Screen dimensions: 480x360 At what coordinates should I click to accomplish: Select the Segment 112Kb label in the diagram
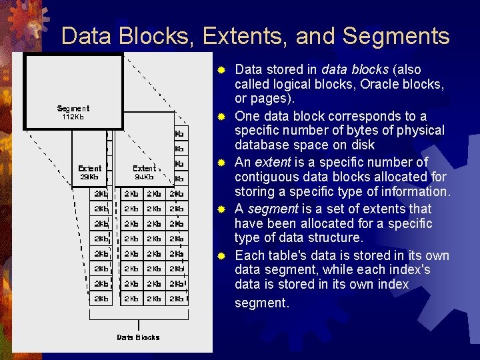coord(73,113)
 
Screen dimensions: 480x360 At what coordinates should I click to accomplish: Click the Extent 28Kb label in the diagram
coord(90,173)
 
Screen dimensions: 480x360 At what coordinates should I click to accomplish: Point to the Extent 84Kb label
coord(144,173)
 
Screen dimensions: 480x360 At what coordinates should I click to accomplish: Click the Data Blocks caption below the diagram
coord(138,337)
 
